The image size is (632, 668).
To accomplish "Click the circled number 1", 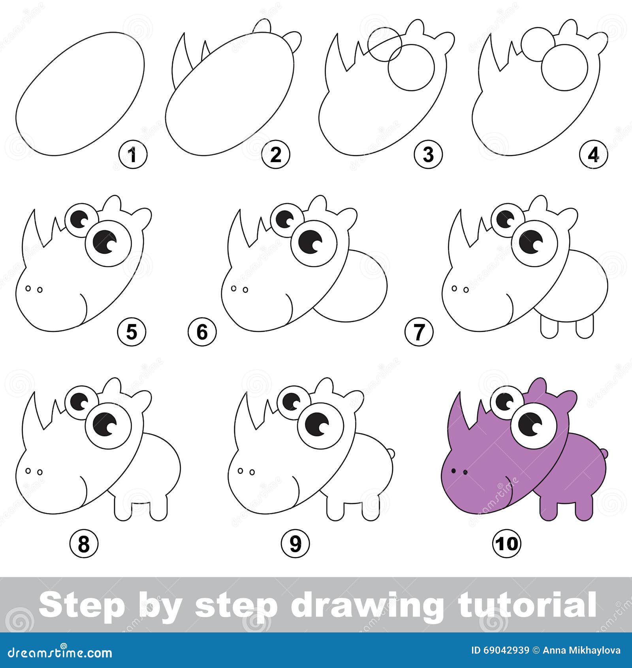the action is (133, 155).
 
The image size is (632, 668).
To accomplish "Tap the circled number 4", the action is (594, 155).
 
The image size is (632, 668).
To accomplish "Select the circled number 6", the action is (202, 332).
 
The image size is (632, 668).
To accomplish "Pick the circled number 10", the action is (507, 544).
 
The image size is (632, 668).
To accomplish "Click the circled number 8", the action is (84, 544).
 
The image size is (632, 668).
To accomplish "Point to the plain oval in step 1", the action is (80, 94).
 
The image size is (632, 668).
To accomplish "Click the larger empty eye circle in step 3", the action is (411, 68).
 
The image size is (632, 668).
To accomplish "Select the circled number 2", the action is (275, 155).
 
